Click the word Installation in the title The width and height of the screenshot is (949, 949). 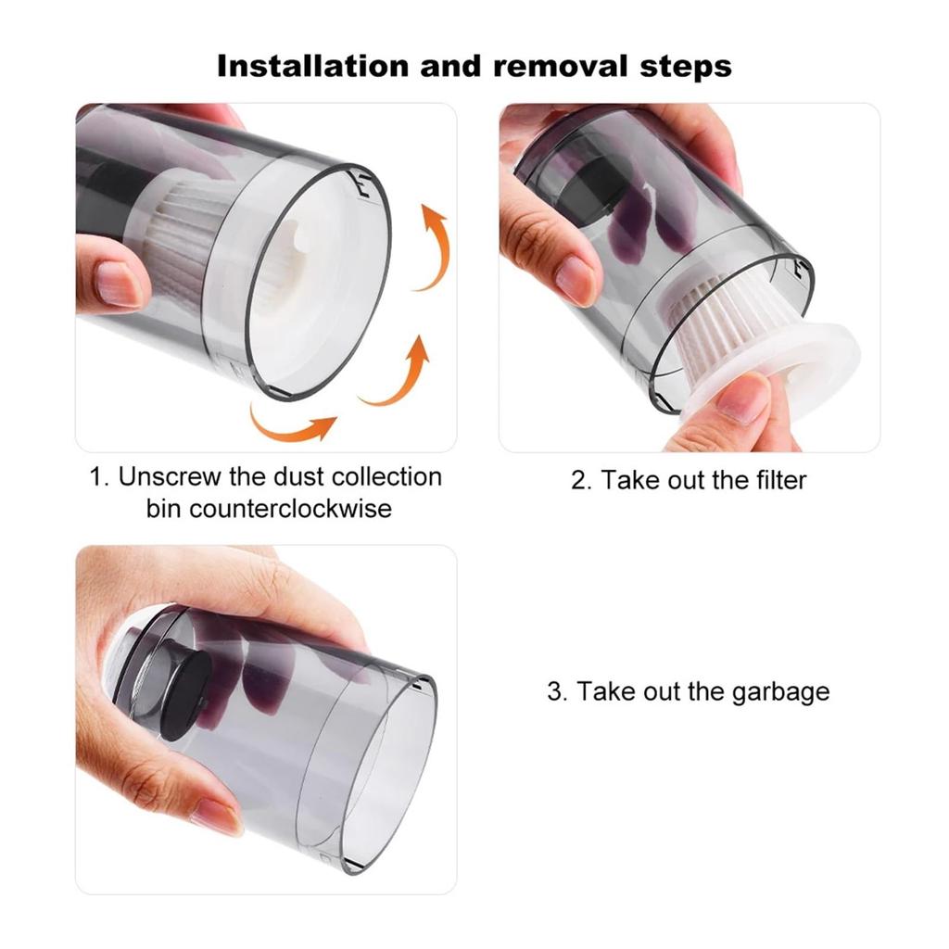click(x=313, y=66)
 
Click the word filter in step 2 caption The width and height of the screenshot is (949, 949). click(x=780, y=480)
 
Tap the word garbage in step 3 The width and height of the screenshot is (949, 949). click(x=780, y=692)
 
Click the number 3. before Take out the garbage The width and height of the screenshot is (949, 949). click(x=557, y=691)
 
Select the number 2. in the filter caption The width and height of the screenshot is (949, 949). click(x=581, y=481)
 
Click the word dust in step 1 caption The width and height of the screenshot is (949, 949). click(x=297, y=477)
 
